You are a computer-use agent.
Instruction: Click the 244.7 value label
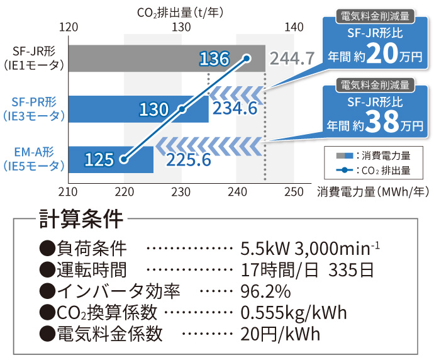[x=292, y=59]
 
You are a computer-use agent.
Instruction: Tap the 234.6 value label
[x=235, y=108]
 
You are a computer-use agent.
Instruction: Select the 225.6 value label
[x=189, y=159]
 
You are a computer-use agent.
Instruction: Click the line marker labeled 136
[x=247, y=59]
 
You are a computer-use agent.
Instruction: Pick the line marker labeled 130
[x=182, y=109]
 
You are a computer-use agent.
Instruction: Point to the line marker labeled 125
[x=124, y=159]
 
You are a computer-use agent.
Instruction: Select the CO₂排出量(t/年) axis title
[x=181, y=11]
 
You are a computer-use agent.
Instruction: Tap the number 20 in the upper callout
[x=382, y=56]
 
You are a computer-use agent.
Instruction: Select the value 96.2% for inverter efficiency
[x=265, y=291]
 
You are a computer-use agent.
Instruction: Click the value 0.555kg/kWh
[x=294, y=312]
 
